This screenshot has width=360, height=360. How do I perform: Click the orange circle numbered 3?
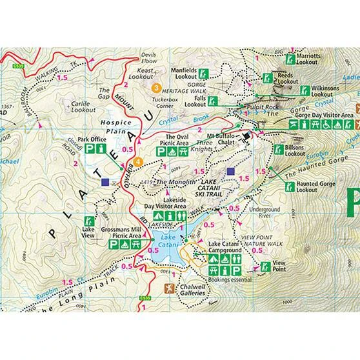click(155, 87)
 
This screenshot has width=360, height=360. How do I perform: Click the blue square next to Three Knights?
click(231, 172)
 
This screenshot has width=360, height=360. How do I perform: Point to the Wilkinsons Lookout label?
click(326, 90)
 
